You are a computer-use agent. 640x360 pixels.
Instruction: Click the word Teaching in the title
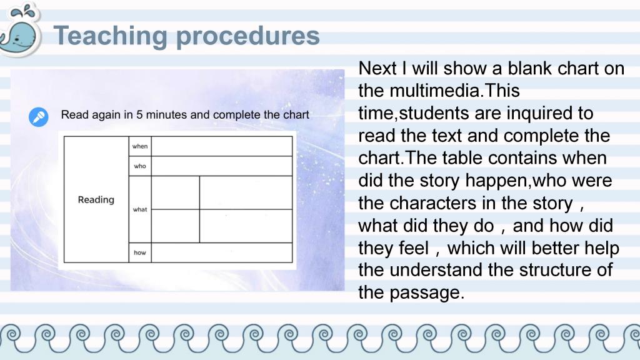(x=110, y=36)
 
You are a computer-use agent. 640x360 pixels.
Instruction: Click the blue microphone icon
(x=38, y=117)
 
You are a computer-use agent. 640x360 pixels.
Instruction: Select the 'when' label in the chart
(x=140, y=146)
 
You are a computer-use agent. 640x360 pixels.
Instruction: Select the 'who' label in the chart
(x=140, y=166)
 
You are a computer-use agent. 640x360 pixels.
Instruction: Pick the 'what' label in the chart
(x=140, y=209)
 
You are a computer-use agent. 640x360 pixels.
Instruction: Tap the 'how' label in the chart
(x=140, y=252)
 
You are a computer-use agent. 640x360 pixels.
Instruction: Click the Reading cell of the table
(x=96, y=199)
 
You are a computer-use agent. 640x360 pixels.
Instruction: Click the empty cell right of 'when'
(x=222, y=146)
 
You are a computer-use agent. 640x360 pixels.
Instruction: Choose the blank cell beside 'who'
(x=222, y=166)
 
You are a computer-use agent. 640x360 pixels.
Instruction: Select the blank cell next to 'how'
(x=222, y=252)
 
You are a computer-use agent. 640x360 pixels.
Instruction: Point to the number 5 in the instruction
(x=139, y=115)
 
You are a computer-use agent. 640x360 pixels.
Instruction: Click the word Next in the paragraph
(x=377, y=68)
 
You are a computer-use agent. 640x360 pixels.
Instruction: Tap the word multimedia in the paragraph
(x=434, y=91)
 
